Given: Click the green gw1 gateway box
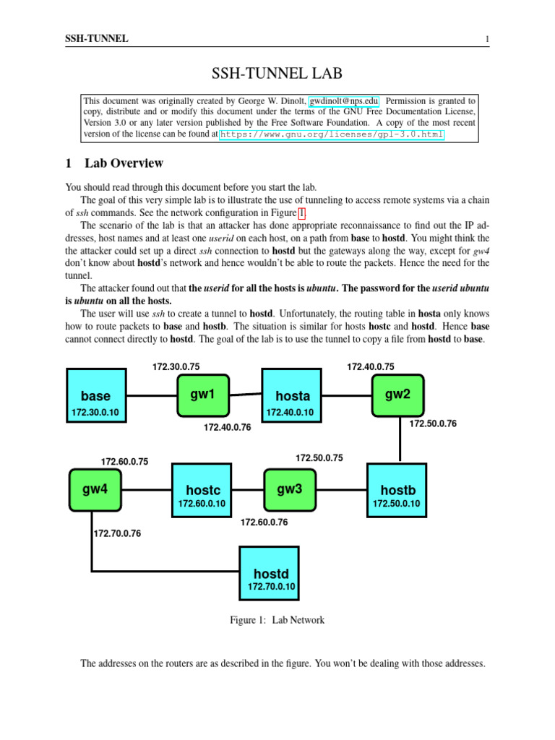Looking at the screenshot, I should [203, 395].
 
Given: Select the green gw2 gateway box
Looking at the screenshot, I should [397, 395].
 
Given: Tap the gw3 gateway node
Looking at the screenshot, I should [289, 490].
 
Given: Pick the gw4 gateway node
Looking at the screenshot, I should [95, 490].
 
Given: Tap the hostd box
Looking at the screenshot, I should [271, 573].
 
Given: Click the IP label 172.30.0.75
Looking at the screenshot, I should [176, 367].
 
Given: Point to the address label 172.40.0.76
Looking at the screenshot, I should [227, 428].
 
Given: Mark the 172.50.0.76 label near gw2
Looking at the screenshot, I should [433, 423].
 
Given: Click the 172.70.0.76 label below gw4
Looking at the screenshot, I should [117, 534].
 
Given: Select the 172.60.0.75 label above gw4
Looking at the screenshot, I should [124, 461].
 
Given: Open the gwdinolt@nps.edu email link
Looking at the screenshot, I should [344, 101].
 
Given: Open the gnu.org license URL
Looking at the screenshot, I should [332, 134].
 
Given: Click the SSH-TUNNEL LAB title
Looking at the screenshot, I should [277, 73].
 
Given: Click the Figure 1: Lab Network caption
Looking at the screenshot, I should [277, 620].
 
